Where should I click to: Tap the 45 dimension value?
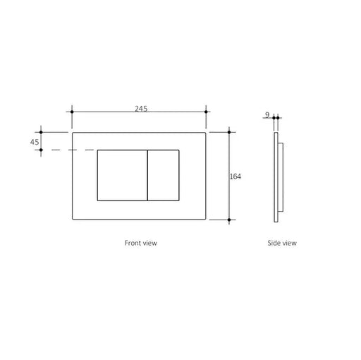click(34, 141)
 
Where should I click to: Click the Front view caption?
click(140, 242)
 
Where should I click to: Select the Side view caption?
click(282, 242)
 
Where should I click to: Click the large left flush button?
click(121, 175)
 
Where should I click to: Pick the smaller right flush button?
click(163, 175)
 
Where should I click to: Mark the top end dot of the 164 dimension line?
click(230, 131)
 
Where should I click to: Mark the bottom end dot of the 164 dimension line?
click(230, 220)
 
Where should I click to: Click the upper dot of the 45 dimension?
click(42, 132)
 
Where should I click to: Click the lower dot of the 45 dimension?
click(42, 150)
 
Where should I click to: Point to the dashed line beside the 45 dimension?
click(71, 150)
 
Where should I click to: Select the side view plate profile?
click(277, 176)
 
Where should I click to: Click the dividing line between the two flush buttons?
click(147, 175)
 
